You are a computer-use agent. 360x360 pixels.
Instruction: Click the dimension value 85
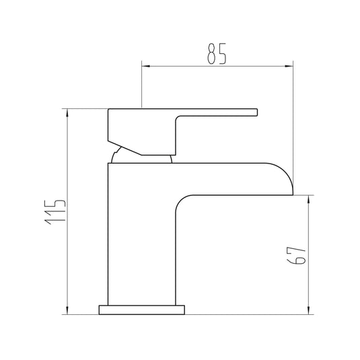[217, 54]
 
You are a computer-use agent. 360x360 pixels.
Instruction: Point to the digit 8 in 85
[211, 54]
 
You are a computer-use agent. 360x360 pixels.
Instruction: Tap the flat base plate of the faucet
[142, 310]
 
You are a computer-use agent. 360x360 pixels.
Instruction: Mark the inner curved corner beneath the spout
[180, 202]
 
